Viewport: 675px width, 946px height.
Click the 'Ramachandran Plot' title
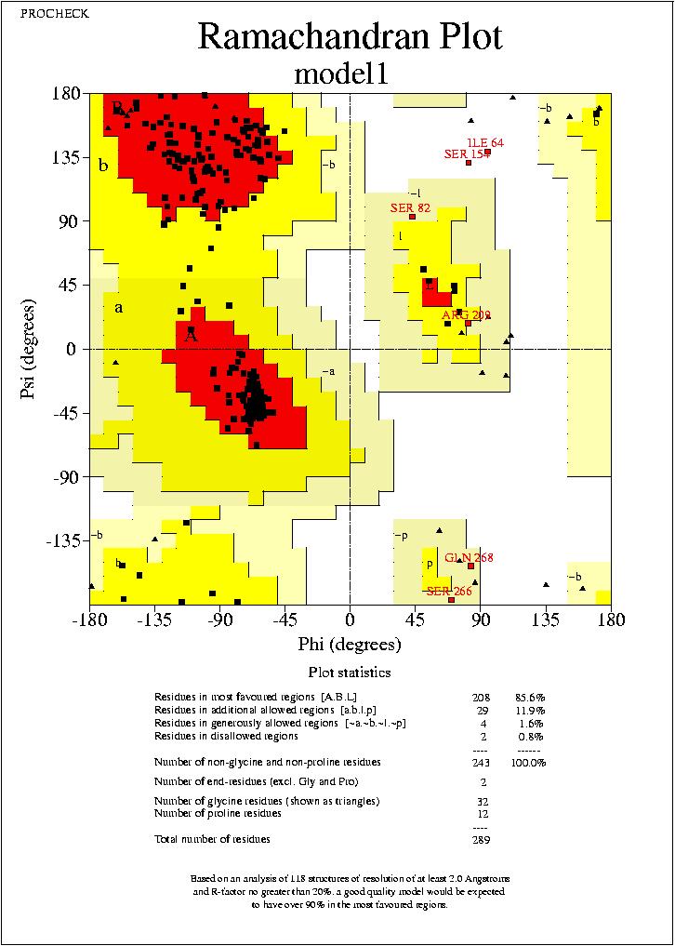click(350, 36)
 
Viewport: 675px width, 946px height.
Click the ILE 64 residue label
click(484, 142)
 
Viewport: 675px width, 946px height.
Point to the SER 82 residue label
click(410, 207)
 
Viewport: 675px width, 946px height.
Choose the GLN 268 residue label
click(469, 557)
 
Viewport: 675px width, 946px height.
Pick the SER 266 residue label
click(449, 591)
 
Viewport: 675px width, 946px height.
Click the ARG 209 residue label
click(466, 315)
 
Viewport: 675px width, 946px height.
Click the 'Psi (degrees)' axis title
click(28, 350)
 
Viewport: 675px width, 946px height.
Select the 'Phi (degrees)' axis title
click(350, 645)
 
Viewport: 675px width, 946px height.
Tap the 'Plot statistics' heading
click(350, 673)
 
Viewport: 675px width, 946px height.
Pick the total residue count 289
click(480, 839)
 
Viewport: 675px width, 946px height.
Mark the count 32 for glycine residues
click(480, 801)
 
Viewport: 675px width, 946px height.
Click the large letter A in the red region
click(191, 337)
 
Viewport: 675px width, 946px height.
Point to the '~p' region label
click(401, 536)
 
